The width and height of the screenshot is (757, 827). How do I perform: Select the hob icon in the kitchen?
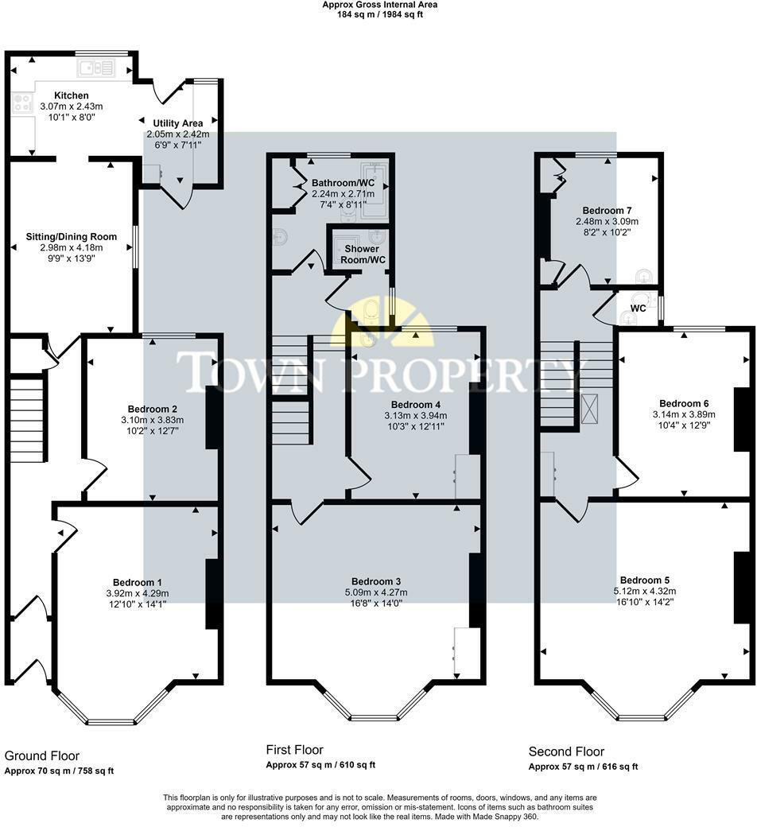click(21, 103)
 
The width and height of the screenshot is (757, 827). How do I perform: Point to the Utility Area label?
click(177, 123)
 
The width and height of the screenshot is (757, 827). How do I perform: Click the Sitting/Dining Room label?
click(72, 236)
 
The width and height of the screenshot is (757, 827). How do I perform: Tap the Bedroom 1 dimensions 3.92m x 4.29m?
click(137, 592)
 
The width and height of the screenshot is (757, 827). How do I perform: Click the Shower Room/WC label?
click(363, 254)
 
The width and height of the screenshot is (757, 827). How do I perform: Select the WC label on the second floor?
click(638, 307)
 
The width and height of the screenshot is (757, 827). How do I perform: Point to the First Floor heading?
click(294, 750)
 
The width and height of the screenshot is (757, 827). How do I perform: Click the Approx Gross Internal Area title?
click(379, 5)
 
